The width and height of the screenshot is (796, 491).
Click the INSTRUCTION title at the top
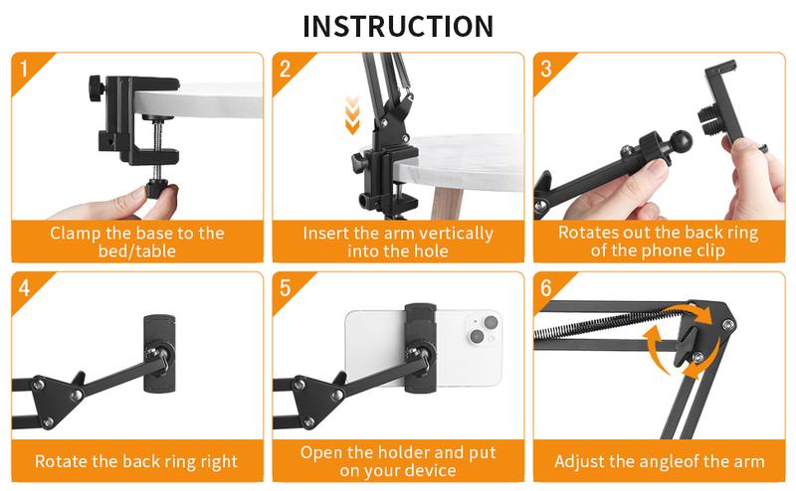pos(398,26)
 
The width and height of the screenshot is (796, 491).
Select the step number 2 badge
pos(286,70)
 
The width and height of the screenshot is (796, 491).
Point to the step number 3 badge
pos(546,70)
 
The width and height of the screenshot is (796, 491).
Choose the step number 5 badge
pos(286,289)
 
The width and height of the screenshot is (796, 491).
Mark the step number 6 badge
pos(546,289)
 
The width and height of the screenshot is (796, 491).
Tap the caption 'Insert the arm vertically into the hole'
pos(398,242)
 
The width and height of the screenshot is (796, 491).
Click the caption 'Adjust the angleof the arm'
pos(659,461)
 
